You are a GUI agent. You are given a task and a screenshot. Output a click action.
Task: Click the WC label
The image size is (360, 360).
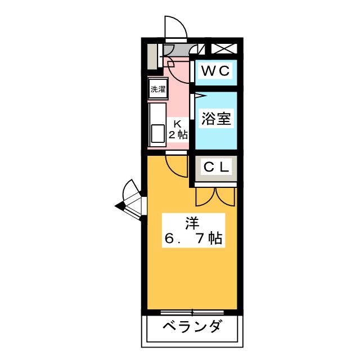click(x=215, y=71)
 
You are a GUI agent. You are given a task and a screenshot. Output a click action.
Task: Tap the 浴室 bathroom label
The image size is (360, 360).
click(x=215, y=119)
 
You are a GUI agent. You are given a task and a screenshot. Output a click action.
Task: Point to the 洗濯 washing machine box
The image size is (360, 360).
click(x=157, y=89)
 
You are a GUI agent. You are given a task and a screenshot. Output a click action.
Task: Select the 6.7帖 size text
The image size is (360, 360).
click(x=193, y=238)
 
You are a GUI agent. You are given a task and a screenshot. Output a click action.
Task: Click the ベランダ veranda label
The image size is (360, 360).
click(x=192, y=327)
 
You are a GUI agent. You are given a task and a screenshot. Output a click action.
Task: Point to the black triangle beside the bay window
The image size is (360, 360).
click(x=119, y=206)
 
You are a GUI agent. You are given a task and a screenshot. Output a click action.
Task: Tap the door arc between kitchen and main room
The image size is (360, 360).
click(x=176, y=164)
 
